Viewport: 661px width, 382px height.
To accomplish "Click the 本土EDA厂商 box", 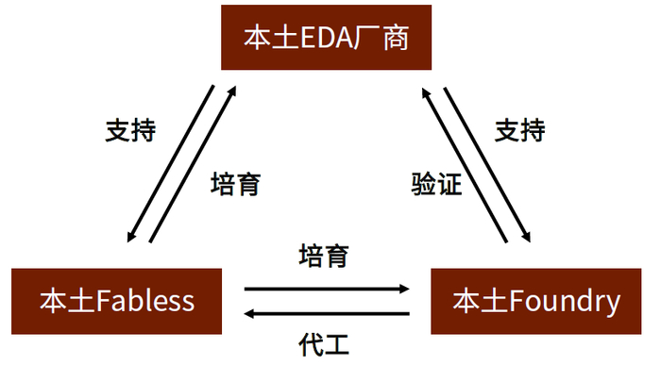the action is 327,38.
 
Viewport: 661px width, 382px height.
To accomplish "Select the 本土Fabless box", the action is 116,302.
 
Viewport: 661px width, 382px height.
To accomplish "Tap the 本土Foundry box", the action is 536,302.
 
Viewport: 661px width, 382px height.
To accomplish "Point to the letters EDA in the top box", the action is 327,38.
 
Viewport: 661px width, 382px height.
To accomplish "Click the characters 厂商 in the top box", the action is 381,38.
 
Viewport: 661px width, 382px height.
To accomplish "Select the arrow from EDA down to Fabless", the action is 171,164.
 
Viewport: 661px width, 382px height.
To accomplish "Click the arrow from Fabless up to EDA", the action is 193,164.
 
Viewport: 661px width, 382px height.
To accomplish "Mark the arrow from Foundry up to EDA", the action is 465,165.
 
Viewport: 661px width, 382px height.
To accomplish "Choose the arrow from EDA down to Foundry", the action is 487,165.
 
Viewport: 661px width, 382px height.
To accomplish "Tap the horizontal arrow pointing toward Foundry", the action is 327,289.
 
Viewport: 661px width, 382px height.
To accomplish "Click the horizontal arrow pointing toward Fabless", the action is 327,314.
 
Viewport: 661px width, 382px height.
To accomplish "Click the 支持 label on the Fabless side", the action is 130,130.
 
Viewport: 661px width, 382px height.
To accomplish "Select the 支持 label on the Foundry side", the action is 520,130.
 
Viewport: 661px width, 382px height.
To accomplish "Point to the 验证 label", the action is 436,184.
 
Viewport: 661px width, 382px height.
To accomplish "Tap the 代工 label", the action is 324,344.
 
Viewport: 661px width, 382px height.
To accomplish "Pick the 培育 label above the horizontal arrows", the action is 324,256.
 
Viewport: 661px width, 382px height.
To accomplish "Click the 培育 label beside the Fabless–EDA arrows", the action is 236,184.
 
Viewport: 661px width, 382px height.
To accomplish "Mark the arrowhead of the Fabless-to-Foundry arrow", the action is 405,289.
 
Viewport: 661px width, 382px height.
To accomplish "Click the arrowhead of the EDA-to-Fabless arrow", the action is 131,237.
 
